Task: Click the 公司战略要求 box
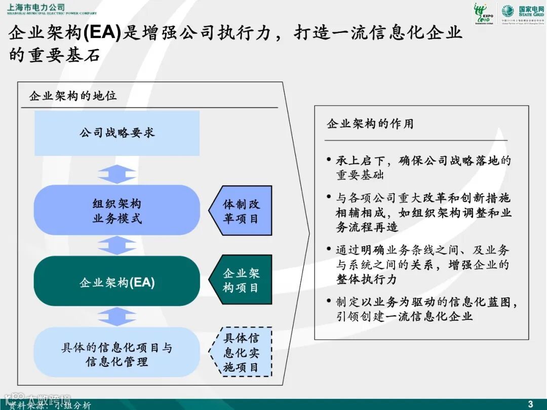click(117, 133)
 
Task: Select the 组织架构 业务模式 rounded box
click(117, 211)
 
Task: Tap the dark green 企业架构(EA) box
click(117, 281)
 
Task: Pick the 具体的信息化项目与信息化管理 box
click(117, 354)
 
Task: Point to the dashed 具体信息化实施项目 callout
click(242, 352)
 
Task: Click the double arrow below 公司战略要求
click(117, 174)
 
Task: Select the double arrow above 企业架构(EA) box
click(117, 245)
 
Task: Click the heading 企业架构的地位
click(73, 96)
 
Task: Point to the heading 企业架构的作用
click(370, 124)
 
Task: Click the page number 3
click(530, 403)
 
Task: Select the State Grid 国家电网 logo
click(522, 12)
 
